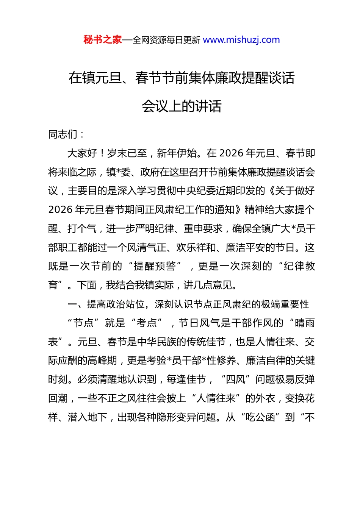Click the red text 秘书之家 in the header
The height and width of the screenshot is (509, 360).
coord(103,40)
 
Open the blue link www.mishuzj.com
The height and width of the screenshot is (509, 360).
coord(241,40)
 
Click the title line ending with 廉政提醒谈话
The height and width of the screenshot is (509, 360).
coord(182,78)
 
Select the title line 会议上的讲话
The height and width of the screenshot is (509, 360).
coord(182,106)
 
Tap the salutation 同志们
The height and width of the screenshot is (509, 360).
coord(63,134)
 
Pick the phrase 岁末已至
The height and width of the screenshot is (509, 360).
coord(127,153)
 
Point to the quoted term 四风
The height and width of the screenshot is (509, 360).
coord(235,379)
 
